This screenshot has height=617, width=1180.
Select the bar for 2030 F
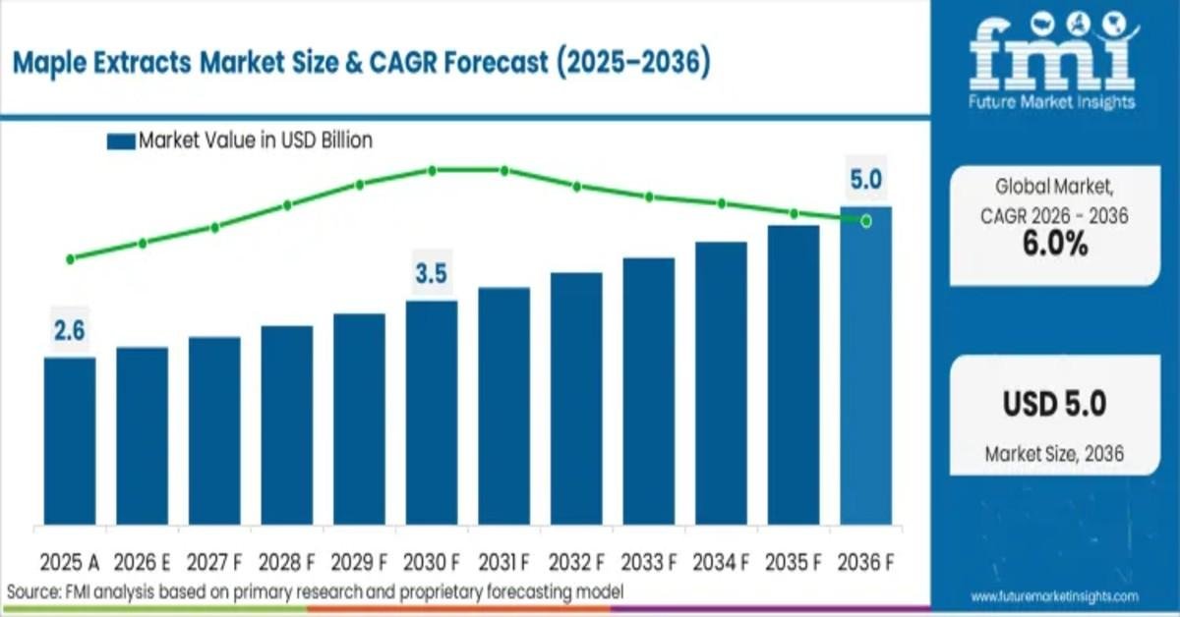click(432, 413)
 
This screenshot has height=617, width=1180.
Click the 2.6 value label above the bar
click(69, 331)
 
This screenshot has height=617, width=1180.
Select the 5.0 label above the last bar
click(865, 181)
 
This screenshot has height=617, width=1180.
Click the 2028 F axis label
click(287, 563)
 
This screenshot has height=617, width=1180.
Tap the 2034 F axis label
click(721, 563)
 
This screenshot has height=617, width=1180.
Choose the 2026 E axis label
click(142, 563)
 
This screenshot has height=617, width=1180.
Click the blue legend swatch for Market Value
click(120, 141)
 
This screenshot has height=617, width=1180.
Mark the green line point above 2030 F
click(432, 170)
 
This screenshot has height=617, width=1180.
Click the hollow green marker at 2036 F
click(865, 221)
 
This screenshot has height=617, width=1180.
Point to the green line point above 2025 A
click(70, 259)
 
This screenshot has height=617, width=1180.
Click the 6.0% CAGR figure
click(1054, 246)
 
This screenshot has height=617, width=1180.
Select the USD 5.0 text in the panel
click(1054, 404)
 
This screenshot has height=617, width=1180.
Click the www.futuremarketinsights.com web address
click(1054, 596)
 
